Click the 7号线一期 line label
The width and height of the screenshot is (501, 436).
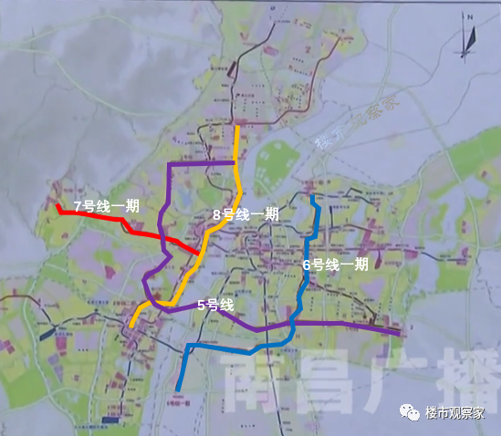[106, 206]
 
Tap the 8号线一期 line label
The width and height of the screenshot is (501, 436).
[245, 214]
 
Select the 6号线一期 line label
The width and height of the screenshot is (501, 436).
[336, 265]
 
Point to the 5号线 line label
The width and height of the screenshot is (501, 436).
[215, 305]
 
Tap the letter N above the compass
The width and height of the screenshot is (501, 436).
[464, 16]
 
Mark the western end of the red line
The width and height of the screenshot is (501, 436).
[57, 207]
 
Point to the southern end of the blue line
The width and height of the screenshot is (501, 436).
[176, 391]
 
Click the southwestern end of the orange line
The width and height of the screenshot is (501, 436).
[132, 325]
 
